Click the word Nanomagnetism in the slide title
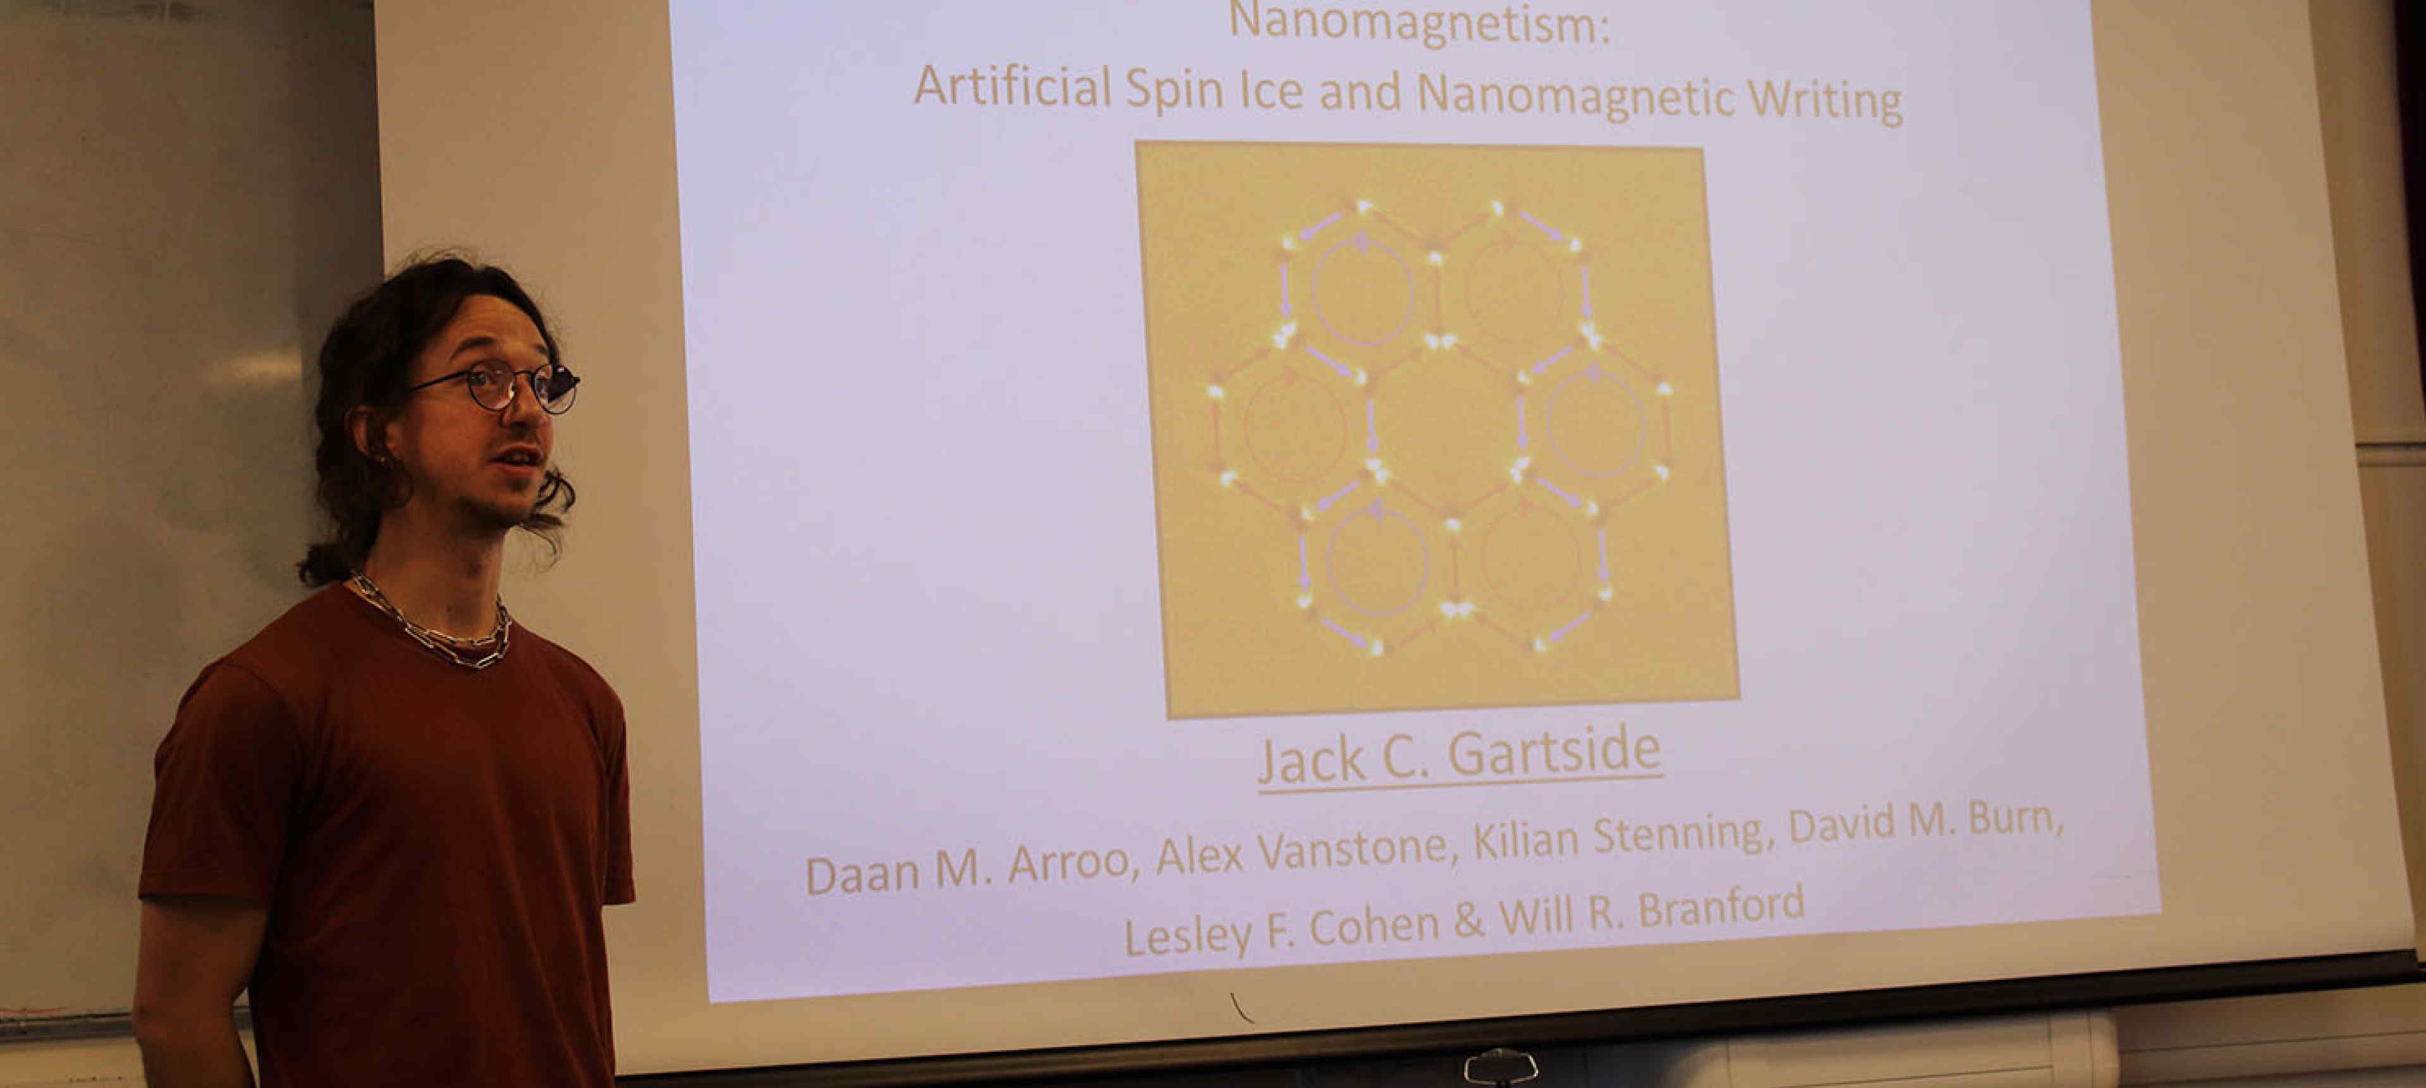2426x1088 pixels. [1419, 23]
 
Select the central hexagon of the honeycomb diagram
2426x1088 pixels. [1446, 424]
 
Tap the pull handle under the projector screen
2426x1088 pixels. [1501, 1065]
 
